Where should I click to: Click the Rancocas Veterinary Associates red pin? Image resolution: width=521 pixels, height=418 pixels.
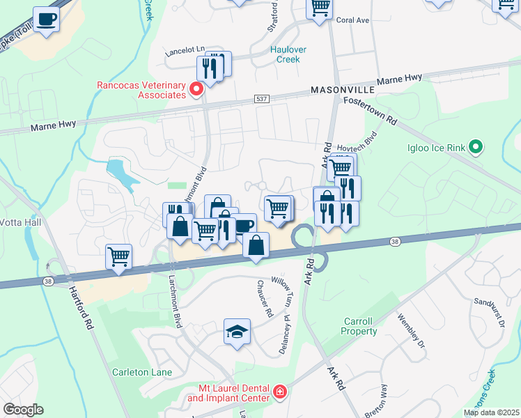pyautogui.click(x=196, y=89)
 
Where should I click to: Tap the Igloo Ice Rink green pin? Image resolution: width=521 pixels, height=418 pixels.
pyautogui.click(x=476, y=147)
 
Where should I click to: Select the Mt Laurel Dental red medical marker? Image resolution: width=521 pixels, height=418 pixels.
pyautogui.click(x=279, y=392)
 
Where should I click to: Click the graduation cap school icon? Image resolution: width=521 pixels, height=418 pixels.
pyautogui.click(x=237, y=331)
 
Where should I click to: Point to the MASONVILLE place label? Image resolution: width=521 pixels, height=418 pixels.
pyautogui.click(x=343, y=91)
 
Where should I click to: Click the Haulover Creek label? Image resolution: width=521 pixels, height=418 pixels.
pyautogui.click(x=285, y=54)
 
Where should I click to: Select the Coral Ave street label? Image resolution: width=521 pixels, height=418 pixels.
pyautogui.click(x=352, y=21)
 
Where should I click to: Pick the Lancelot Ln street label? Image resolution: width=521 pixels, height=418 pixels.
pyautogui.click(x=185, y=51)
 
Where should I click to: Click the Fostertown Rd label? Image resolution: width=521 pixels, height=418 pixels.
pyautogui.click(x=369, y=110)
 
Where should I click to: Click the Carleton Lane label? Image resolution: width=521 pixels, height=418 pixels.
pyautogui.click(x=142, y=372)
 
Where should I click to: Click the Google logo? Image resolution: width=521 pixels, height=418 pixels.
pyautogui.click(x=23, y=409)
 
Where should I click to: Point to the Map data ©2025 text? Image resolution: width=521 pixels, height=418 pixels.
pyautogui.click(x=490, y=412)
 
